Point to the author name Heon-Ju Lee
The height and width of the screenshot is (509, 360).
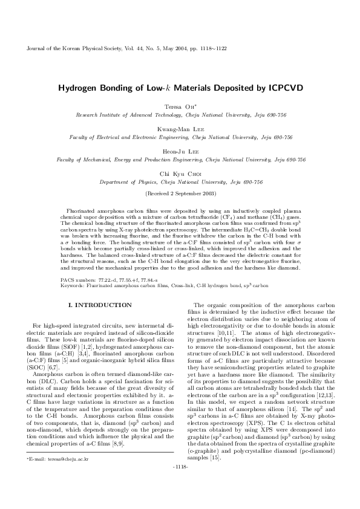[x=181, y=152]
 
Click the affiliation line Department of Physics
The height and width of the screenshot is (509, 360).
[x=181, y=182]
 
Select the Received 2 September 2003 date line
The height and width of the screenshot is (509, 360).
[x=181, y=193]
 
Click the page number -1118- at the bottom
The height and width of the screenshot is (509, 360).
[x=180, y=501]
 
